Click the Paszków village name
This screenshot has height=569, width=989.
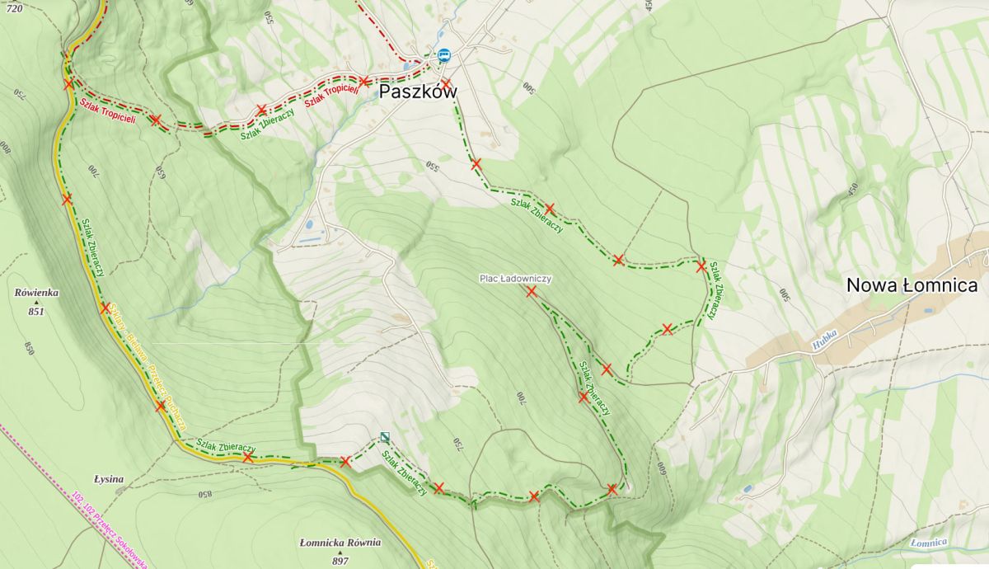coord(417,91)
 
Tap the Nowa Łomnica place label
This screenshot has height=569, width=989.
coord(912,286)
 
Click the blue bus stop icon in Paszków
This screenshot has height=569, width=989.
coord(444,55)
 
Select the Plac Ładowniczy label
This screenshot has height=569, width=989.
coord(515,279)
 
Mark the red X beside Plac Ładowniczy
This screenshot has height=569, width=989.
coord(532,291)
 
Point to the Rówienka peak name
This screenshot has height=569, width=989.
coord(36,292)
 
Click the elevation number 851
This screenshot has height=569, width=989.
coord(35,312)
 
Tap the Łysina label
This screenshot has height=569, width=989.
coord(109,478)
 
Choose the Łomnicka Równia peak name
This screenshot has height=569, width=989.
coord(340,543)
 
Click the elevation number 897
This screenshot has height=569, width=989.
coord(340,561)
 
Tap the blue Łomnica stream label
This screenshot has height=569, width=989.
coord(929,542)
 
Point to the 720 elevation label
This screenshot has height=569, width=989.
coord(13,7)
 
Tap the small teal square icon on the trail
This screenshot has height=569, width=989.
coord(385,437)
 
